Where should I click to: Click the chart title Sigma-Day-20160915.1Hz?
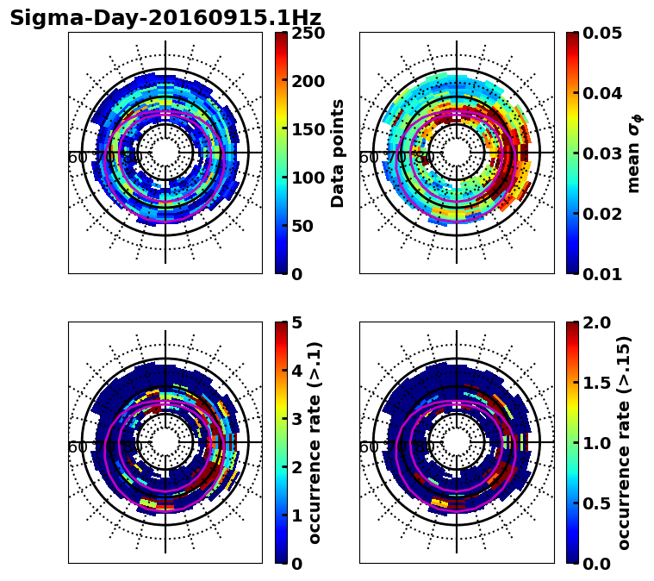[165, 18]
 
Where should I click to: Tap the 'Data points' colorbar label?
[338, 153]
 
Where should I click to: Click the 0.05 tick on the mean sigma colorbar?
[607, 33]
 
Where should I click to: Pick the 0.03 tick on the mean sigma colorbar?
[607, 153]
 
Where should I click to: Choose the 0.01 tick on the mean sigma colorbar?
[607, 274]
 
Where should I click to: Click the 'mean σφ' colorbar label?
[633, 153]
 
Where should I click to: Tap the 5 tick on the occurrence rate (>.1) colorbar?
[297, 322]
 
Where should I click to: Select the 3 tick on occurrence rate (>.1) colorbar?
[297, 419]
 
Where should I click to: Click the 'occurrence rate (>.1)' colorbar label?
[315, 443]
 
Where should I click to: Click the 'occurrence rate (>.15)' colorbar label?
[625, 443]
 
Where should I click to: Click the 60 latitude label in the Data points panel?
[78, 158]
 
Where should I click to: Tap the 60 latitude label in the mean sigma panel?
[369, 158]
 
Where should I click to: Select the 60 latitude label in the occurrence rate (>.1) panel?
[78, 447]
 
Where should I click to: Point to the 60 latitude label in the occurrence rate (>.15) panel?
[369, 447]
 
